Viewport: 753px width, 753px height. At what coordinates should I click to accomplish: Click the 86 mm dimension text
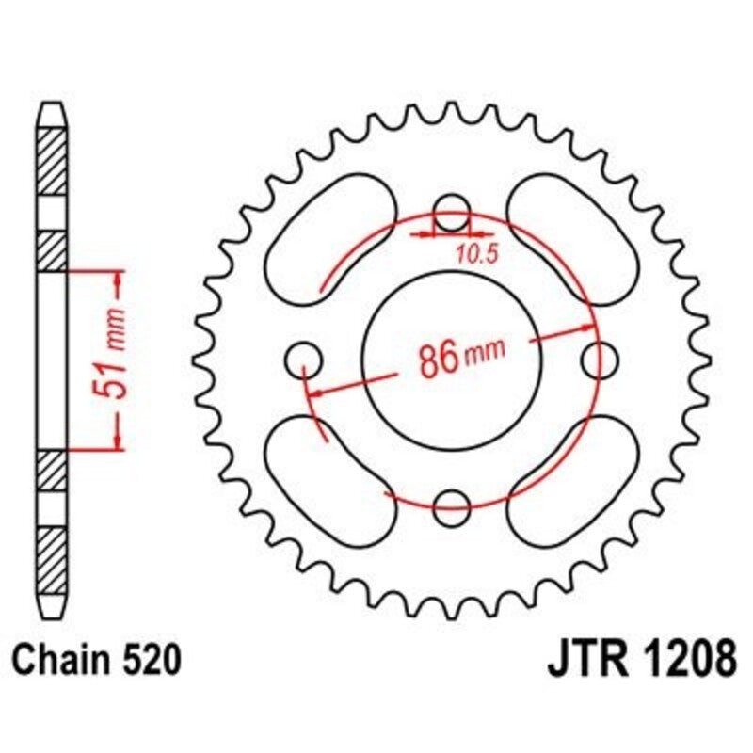point(457,358)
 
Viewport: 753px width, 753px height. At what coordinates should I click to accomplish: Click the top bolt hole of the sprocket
point(452,213)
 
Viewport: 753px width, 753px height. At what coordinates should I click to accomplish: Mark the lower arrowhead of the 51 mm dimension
point(118,441)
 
